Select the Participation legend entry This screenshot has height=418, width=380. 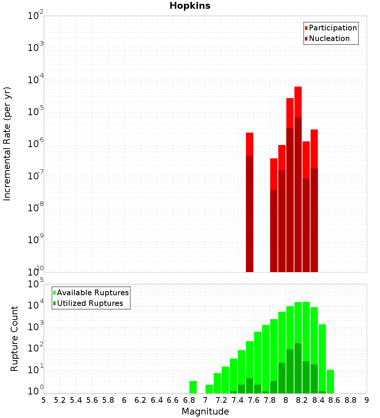coord(332,28)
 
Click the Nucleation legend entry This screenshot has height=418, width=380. coord(329,38)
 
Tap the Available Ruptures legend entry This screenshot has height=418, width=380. coord(93,293)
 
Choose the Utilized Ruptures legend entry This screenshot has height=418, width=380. coord(90,303)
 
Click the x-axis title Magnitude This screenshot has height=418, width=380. coord(205,412)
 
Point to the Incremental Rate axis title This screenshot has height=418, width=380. coord(7,144)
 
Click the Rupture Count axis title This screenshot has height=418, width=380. coord(14,339)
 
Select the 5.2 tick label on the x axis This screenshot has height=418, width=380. coord(60,400)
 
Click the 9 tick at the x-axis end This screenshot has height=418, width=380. coord(366,400)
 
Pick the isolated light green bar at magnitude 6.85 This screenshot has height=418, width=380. coord(193,387)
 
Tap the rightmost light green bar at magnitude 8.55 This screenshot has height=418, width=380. coord(330,382)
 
